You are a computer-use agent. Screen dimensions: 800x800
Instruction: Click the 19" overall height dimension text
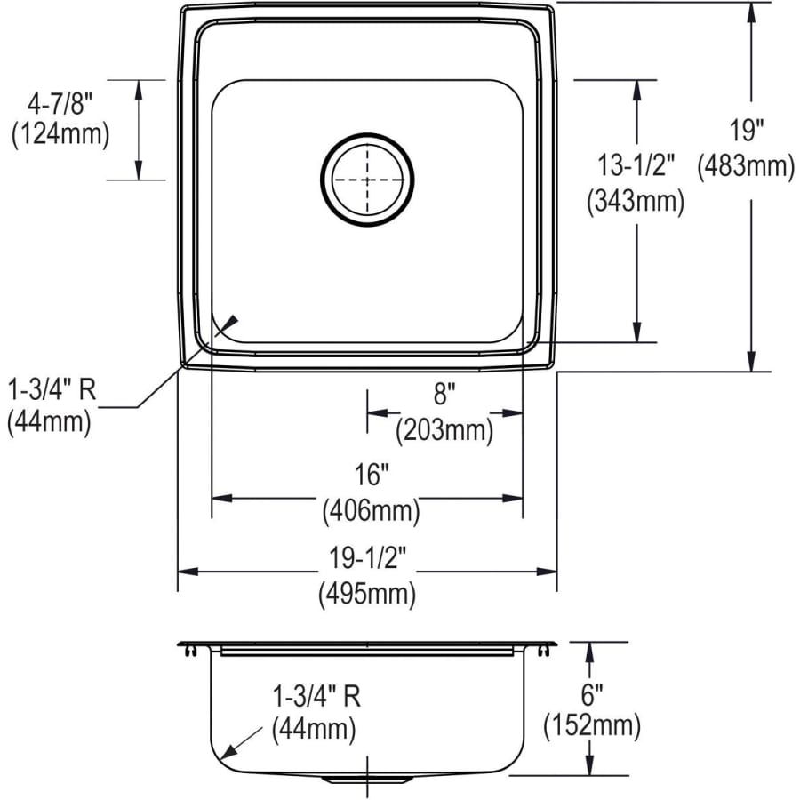click(747, 131)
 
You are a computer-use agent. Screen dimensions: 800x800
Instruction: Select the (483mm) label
click(746, 166)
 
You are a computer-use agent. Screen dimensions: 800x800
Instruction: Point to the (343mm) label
click(635, 202)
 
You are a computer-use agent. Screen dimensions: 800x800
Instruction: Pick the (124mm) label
click(60, 134)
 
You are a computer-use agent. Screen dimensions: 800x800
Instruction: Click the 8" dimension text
click(444, 392)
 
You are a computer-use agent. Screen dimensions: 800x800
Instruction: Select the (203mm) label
click(444, 431)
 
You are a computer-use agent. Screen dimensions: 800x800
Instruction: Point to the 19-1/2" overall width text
click(367, 558)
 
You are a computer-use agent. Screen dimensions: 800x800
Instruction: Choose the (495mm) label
click(367, 595)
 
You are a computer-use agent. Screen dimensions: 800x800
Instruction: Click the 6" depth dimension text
click(591, 690)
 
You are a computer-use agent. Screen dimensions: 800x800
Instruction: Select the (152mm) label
click(591, 726)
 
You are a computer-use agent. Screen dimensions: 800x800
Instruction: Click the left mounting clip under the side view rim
click(192, 652)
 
